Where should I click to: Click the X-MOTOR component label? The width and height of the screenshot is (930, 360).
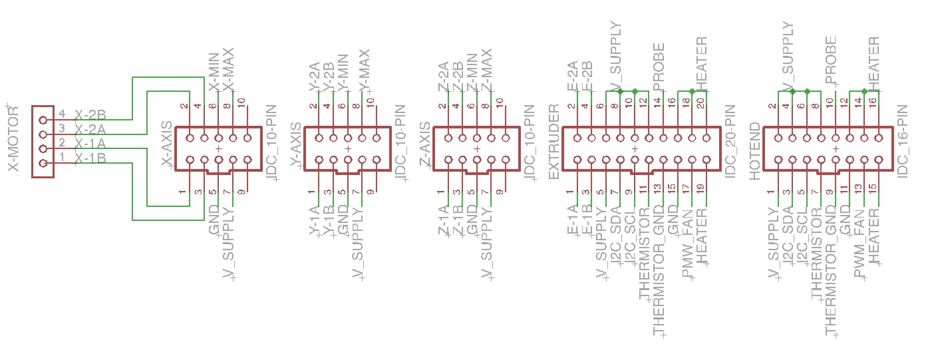tap(13, 139)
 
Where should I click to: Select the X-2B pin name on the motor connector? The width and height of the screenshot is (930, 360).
tap(90, 115)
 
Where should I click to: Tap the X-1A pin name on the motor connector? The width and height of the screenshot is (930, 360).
tap(90, 143)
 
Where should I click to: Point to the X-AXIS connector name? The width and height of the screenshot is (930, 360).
tap(166, 143)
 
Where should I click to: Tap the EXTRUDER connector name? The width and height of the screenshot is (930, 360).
tap(554, 141)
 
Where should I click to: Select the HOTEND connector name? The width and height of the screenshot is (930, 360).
tap(755, 151)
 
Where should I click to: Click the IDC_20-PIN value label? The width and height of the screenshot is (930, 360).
tap(730, 141)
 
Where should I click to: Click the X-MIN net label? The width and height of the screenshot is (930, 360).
tap(214, 72)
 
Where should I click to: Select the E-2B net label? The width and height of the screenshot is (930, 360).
tap(587, 76)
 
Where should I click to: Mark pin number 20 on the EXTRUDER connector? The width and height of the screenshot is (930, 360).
tap(700, 103)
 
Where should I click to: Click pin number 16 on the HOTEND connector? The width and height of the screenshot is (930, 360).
tap(872, 101)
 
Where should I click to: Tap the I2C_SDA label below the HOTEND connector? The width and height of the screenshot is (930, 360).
tap(789, 237)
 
